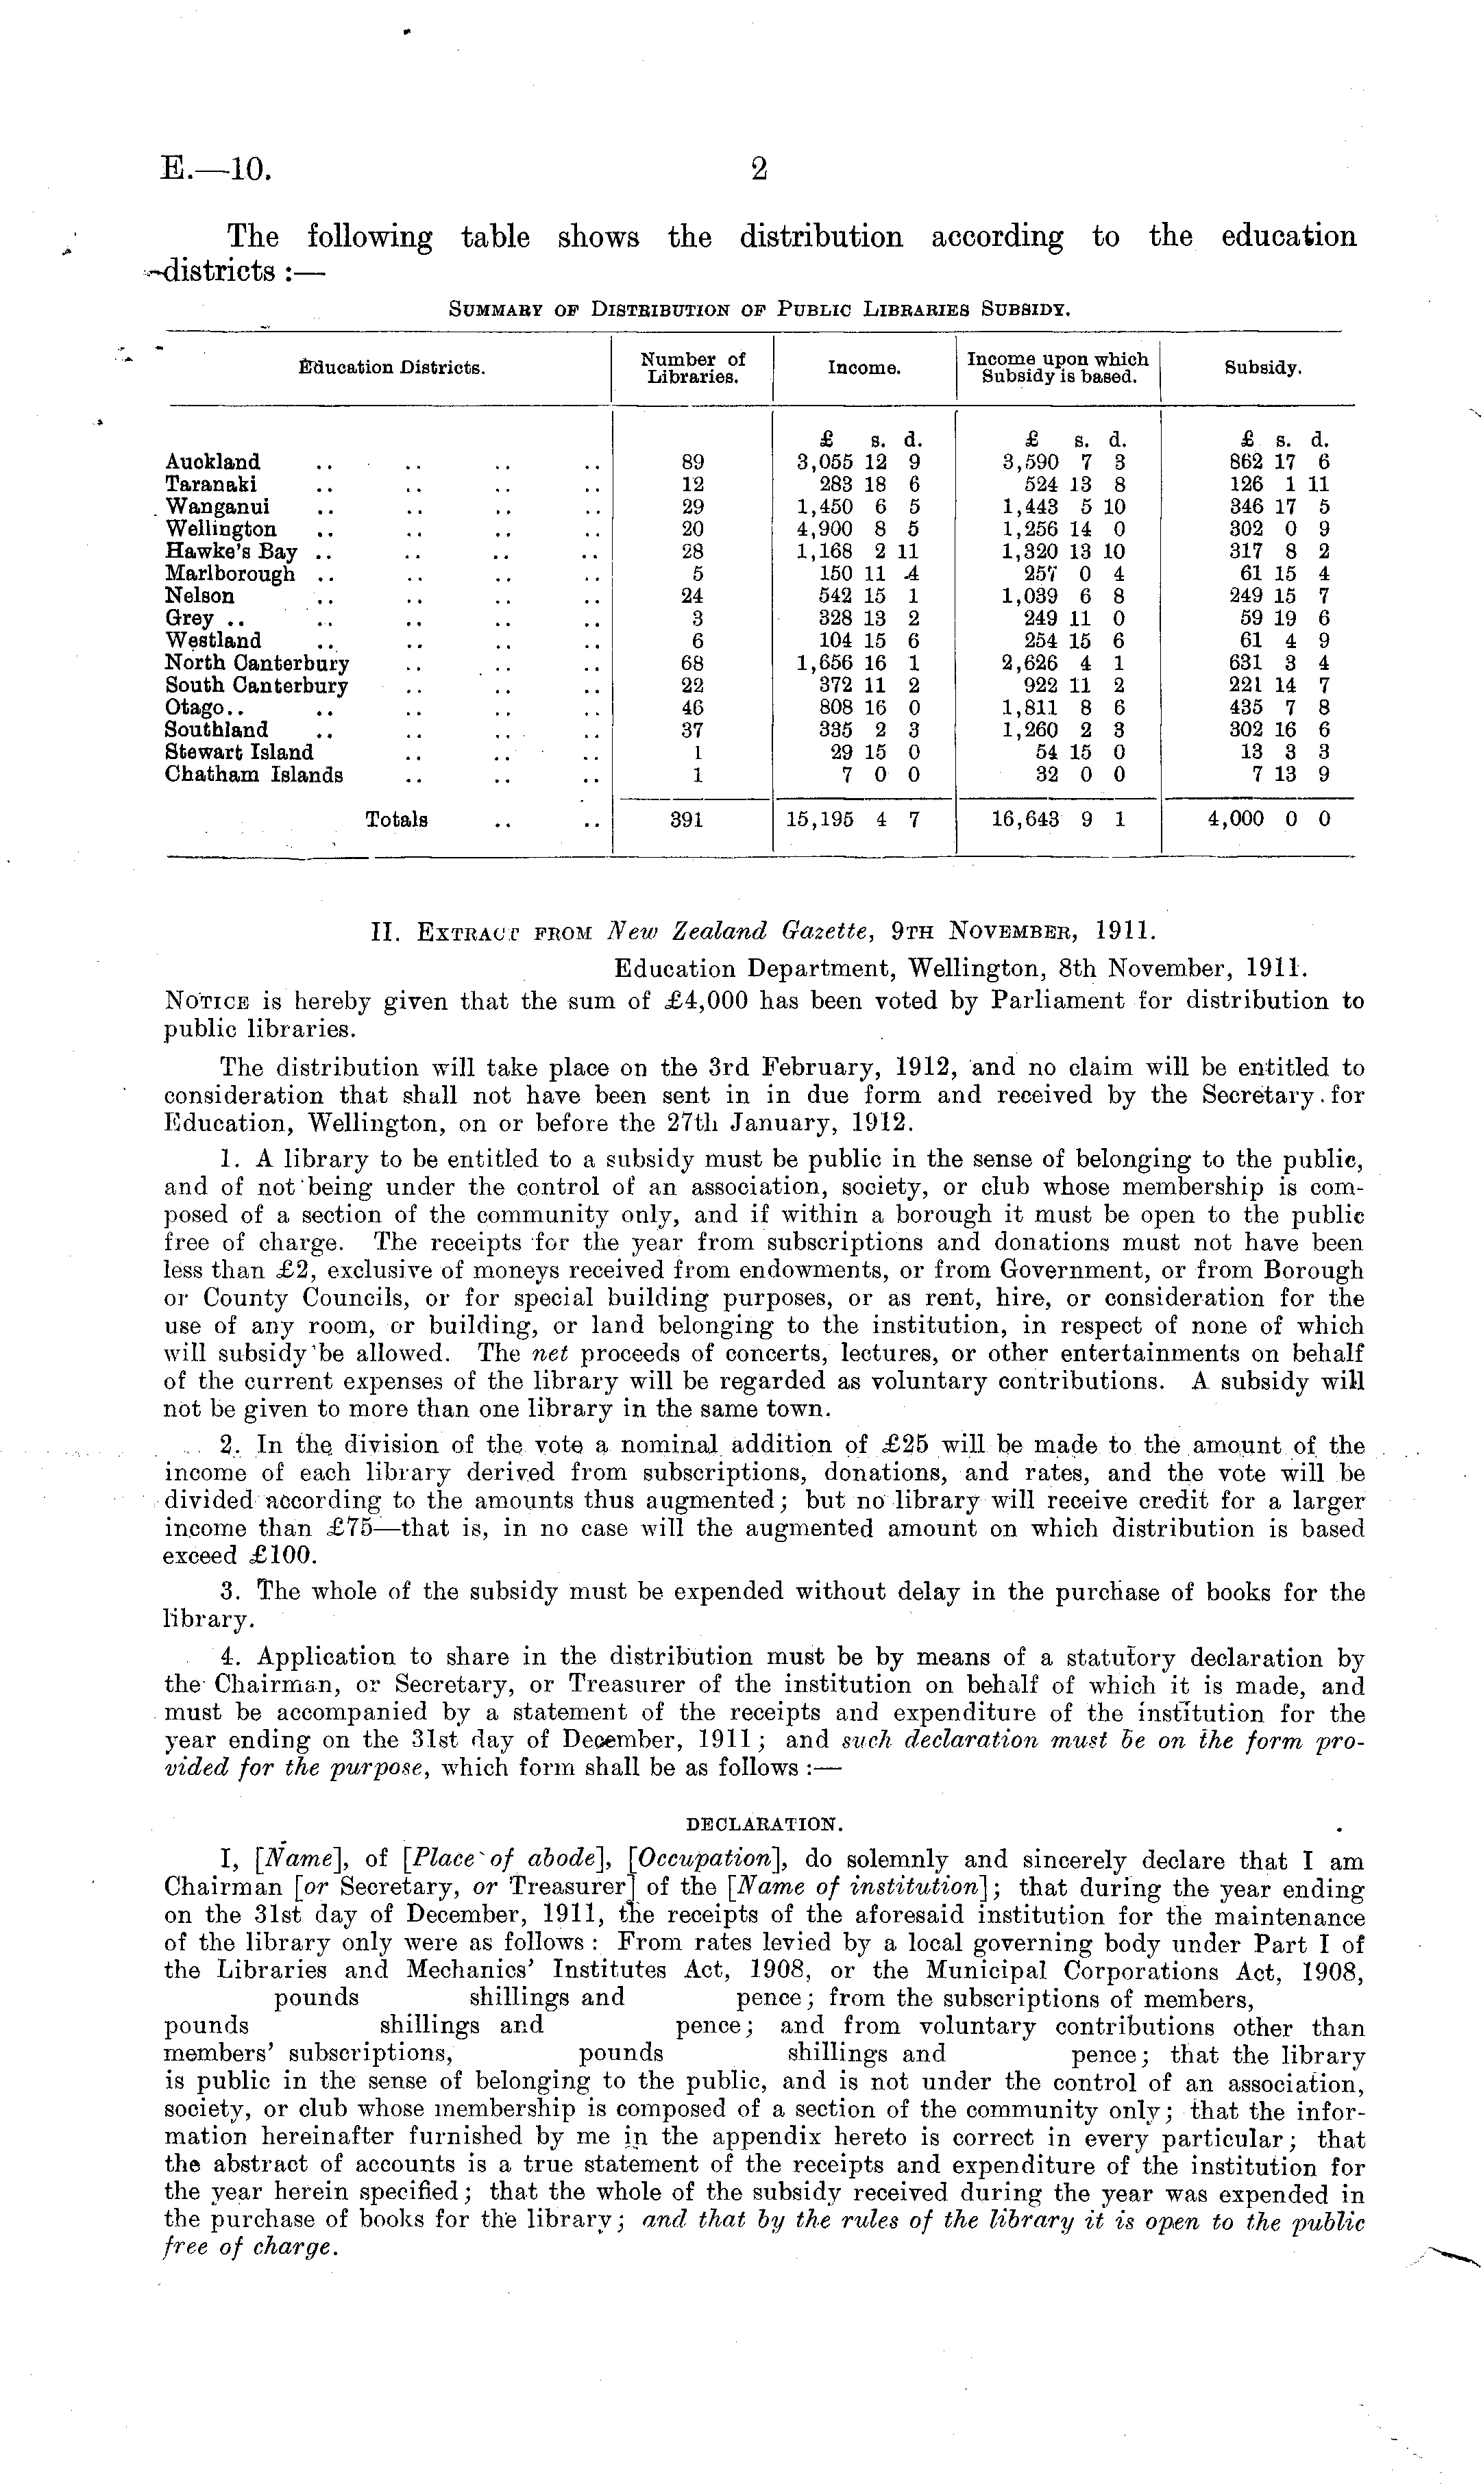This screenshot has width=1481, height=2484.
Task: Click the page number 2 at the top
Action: pyautogui.click(x=759, y=170)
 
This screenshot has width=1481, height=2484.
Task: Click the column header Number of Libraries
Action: pyautogui.click(x=693, y=368)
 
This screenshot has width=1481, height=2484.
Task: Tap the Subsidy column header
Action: pyautogui.click(x=1262, y=368)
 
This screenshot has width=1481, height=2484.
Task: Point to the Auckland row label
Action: pyautogui.click(x=212, y=462)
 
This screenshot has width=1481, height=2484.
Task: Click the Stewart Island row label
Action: pyautogui.click(x=238, y=752)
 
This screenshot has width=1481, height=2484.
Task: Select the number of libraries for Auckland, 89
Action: pyautogui.click(x=693, y=462)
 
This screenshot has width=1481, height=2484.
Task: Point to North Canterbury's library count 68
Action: pyautogui.click(x=693, y=663)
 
